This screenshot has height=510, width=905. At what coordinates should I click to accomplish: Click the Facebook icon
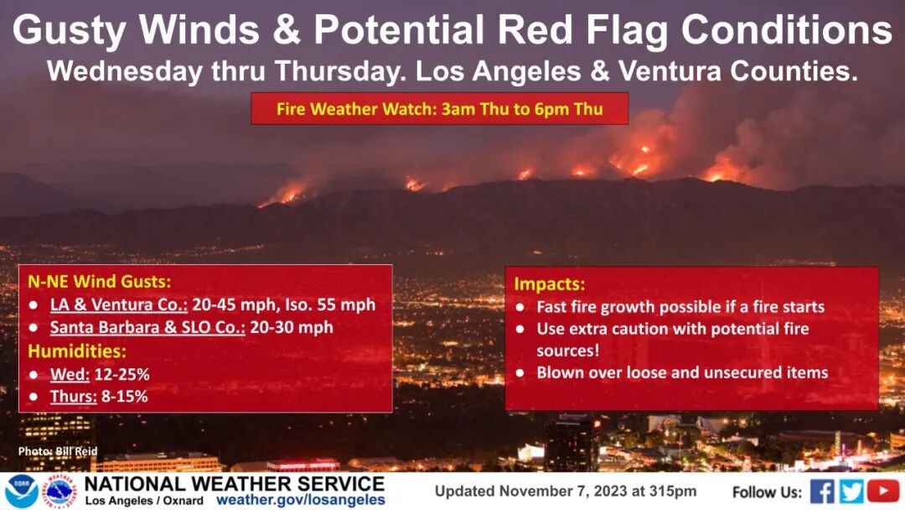822,492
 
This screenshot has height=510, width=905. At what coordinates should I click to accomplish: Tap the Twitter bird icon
852,492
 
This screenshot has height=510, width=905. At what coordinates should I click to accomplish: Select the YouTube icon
883,492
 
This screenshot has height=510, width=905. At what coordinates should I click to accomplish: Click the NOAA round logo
21,492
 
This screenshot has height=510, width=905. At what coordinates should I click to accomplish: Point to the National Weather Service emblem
61,492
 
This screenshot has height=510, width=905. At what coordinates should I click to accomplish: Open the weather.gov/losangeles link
301,500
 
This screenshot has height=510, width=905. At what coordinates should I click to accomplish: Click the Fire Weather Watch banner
440,108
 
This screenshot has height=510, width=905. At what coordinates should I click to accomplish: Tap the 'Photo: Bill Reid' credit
58,451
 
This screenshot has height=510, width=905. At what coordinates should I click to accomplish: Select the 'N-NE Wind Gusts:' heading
99,281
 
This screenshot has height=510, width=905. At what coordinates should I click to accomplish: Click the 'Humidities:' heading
77,351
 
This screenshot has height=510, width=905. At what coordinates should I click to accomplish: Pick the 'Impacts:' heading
550,284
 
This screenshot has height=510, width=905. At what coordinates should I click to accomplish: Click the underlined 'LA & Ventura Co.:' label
118,304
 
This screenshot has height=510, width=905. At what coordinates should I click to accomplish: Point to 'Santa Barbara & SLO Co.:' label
147,327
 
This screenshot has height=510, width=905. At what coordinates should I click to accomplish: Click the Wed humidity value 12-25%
122,374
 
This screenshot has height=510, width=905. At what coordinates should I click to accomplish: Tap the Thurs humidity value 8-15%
125,396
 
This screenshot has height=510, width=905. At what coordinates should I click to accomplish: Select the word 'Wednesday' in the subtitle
125,71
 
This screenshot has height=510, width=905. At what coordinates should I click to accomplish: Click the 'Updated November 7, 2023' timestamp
566,492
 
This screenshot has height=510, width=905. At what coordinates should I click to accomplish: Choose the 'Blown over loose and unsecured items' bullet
682,372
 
